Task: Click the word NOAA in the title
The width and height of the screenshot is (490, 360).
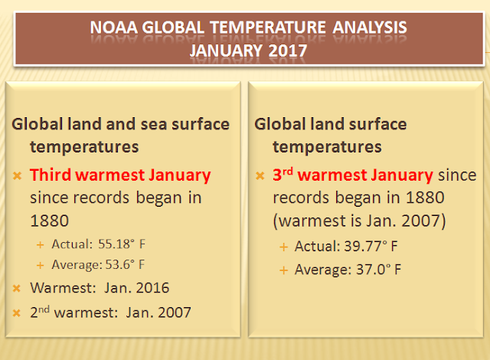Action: (114, 27)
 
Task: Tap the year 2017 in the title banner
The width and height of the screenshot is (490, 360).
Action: (288, 51)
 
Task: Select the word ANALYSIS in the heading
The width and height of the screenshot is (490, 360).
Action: (370, 27)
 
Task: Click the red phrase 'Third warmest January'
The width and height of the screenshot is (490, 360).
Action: (120, 175)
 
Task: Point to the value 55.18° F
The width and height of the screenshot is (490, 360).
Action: (122, 244)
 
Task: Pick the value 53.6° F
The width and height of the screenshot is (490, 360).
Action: (125, 264)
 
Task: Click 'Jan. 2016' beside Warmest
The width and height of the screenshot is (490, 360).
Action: (136, 288)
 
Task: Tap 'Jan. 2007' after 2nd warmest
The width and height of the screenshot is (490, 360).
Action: (158, 313)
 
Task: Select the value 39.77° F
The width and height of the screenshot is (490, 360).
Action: (371, 246)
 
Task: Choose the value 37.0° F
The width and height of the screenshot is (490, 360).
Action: (378, 270)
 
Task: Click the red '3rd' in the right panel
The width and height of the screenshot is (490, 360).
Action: (283, 175)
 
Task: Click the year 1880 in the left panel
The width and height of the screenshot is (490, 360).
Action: (49, 221)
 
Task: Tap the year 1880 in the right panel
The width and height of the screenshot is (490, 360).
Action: (425, 198)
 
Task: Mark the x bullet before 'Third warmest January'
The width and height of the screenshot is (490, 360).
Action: (17, 175)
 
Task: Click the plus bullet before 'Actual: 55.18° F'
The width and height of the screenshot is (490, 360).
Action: (41, 244)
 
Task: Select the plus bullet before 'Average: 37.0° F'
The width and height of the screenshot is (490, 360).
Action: (283, 270)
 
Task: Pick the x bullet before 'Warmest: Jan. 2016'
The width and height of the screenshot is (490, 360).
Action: (17, 288)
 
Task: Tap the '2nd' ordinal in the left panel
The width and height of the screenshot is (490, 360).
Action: (40, 312)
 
